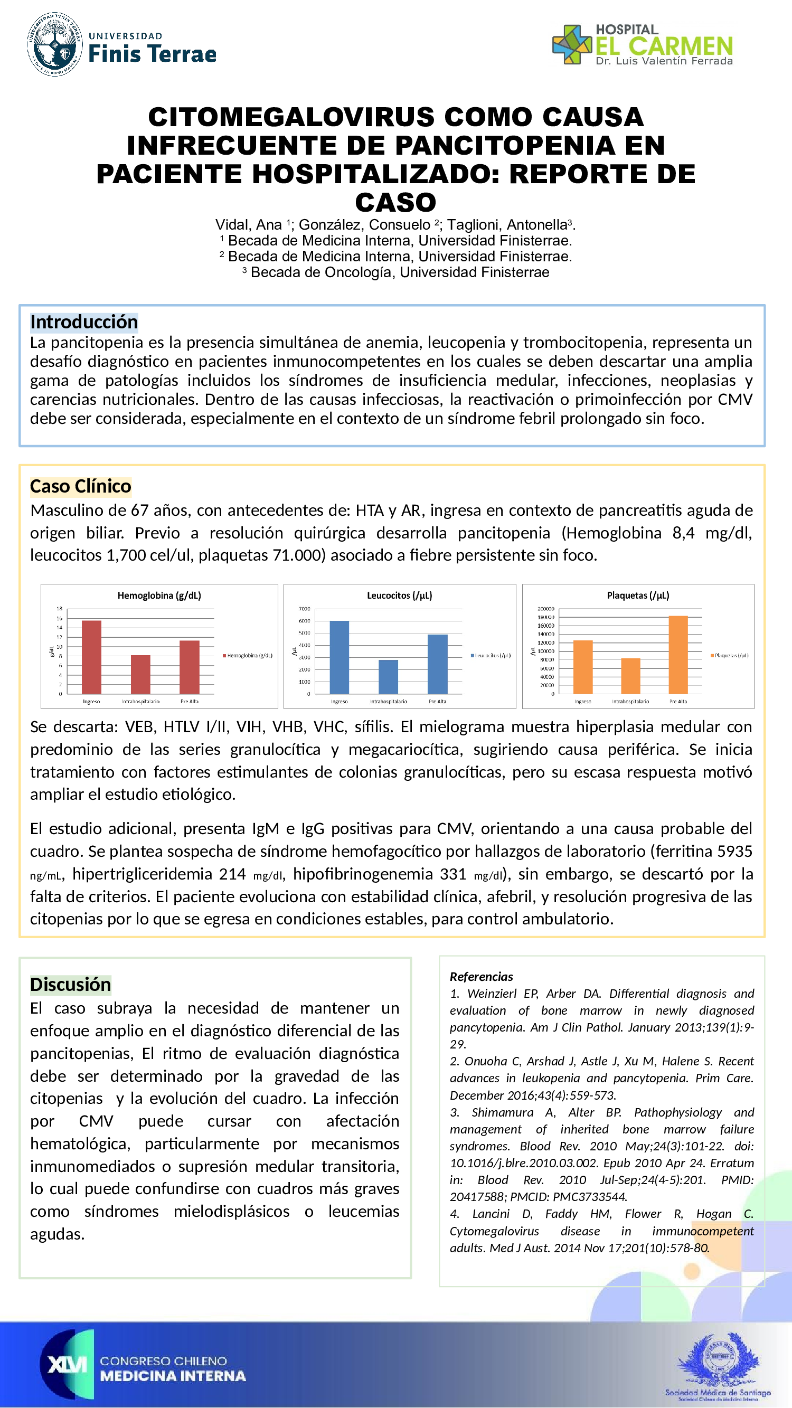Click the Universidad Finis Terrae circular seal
pos(55,44)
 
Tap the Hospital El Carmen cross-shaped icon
pos(572,45)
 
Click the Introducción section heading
pos(83,322)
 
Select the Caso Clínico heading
pos(80,486)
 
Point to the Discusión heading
pos(71,985)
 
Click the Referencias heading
pos(481,977)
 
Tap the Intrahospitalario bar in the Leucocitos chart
pos(388,677)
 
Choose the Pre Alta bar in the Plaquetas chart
pos(678,654)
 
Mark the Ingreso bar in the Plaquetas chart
pos(583,667)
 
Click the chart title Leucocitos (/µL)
pos(399,595)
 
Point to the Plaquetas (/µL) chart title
pos(638,595)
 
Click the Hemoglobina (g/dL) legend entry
pos(247,655)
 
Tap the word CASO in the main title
pos(395,203)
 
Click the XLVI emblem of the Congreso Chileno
pos(67,1365)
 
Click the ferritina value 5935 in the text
pos(734,851)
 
